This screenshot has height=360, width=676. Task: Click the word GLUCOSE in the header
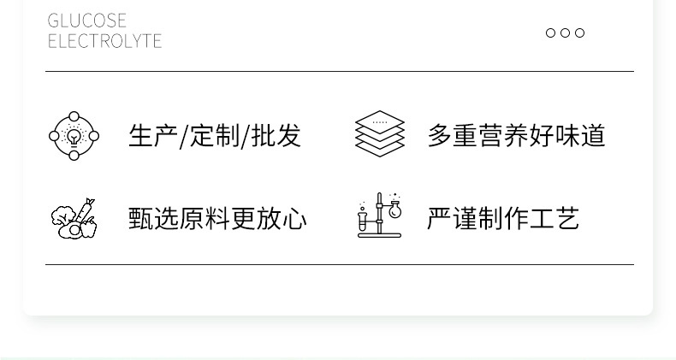coord(86,21)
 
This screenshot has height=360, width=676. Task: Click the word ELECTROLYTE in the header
coord(104,41)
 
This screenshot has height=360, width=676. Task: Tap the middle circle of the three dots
coord(566,32)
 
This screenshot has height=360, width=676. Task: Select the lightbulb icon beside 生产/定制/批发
coord(74,136)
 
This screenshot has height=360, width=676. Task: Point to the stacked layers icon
coord(379,133)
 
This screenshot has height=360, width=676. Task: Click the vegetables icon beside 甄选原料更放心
coord(74,218)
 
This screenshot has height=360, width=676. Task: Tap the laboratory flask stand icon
coord(379,215)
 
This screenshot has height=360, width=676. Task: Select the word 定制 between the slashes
coord(215,136)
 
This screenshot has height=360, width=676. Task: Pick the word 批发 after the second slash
coord(276,136)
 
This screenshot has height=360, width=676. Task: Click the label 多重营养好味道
coord(517,136)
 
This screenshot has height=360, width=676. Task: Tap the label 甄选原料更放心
coord(217,218)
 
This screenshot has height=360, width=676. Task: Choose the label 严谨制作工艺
coord(503,218)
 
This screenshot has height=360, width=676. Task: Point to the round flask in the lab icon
coord(394,210)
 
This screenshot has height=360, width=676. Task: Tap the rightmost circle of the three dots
coord(580,32)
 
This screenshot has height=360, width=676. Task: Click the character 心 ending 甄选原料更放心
coord(294,218)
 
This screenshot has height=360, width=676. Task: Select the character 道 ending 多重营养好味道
coord(593,136)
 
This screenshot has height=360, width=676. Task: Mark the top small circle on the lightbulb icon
coord(74,116)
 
